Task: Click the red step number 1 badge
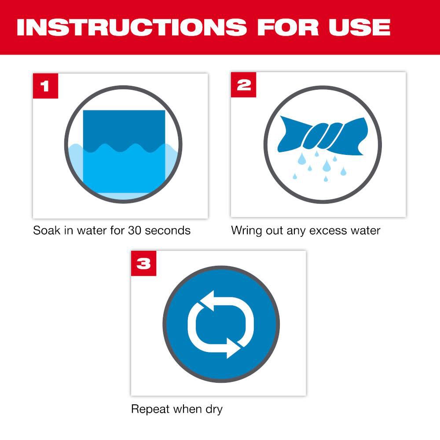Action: [x=45, y=85]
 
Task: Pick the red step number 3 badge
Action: [x=144, y=264]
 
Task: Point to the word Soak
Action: [x=46, y=230]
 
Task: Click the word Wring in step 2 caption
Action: [x=246, y=230]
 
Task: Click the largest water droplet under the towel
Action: [x=326, y=165]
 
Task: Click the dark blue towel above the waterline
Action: [x=124, y=128]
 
